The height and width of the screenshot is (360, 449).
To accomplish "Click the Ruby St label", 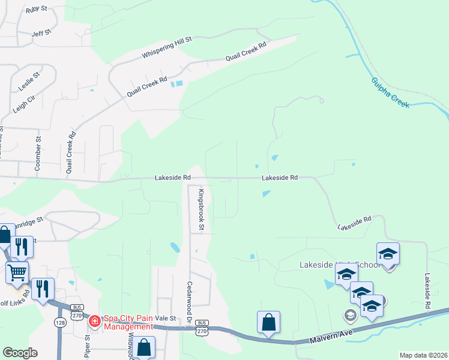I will pos(37,10).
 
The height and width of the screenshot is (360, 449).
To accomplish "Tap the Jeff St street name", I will pos(42,34).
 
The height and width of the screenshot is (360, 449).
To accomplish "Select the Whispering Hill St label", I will pos(166,48).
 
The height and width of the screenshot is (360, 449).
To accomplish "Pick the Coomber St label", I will pos(38,154).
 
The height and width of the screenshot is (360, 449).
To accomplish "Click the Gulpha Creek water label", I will pos(390,92).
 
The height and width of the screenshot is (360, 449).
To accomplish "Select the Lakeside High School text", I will pos(340,265).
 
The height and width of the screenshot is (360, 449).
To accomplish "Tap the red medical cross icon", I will pos(94,322).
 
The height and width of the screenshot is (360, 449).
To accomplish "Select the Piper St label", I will pos(87,347).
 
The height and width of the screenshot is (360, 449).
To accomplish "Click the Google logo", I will pos(20,353).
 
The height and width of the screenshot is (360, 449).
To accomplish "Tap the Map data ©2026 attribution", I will pos(423,355).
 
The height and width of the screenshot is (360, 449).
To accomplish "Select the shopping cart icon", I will pos(17,273).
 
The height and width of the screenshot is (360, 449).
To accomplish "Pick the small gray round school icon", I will pos(350,314).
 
